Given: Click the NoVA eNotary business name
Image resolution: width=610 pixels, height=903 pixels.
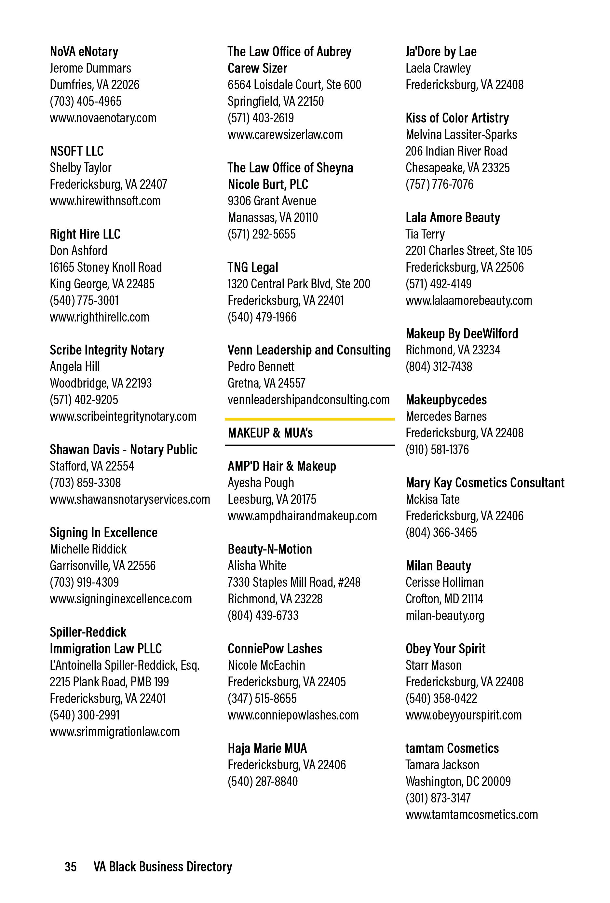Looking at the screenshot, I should click(84, 52).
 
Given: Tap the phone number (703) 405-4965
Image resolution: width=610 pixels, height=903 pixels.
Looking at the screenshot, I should click(86, 102).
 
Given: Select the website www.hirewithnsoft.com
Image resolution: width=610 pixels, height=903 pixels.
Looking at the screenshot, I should click(105, 201).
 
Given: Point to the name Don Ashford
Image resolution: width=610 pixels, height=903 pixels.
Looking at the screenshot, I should click(78, 251).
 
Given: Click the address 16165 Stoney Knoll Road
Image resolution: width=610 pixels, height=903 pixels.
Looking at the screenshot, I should click(106, 267).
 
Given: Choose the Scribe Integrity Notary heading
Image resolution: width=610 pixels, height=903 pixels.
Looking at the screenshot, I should click(107, 350).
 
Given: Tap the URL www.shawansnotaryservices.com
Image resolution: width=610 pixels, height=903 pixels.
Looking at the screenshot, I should click(130, 499).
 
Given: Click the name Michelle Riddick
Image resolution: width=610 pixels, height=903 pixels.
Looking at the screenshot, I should click(88, 549).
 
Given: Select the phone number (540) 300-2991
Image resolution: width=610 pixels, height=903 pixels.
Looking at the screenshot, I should click(85, 715).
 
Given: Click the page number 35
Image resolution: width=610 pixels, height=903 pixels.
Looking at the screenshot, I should click(70, 867).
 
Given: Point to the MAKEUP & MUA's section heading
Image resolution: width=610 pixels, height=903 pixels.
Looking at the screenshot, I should click(270, 433).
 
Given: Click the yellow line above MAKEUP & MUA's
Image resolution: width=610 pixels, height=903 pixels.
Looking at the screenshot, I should click(309, 419).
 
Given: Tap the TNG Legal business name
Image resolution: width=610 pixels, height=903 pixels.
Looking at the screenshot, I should click(253, 267).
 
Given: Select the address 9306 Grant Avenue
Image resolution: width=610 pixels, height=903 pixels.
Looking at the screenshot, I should click(272, 201).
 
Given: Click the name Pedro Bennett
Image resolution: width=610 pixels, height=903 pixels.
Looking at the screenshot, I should click(261, 366).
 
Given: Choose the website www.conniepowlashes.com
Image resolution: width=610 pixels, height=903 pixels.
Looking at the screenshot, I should click(293, 715).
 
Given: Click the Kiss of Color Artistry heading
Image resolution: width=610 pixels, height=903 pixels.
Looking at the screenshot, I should click(457, 118).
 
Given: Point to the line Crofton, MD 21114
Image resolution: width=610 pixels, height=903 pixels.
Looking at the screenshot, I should click(444, 599).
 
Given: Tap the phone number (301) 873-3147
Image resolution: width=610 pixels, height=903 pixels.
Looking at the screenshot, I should click(438, 798).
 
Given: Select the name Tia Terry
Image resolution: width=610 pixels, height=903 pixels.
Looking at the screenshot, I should click(425, 234).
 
